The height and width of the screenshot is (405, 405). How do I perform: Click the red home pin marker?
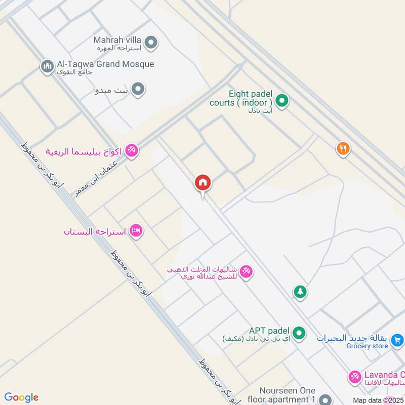click(x=203, y=183)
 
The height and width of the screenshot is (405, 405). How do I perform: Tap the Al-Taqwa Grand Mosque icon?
click(x=48, y=66)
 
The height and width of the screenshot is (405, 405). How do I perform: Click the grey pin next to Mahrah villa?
click(x=150, y=43)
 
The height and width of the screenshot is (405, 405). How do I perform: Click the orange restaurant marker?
click(x=343, y=148)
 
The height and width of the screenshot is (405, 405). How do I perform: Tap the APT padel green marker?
click(x=299, y=333)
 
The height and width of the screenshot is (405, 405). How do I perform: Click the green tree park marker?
click(x=300, y=292)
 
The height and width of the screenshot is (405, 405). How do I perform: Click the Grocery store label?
click(x=367, y=346)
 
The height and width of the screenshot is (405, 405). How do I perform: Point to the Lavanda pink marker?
click(x=355, y=377)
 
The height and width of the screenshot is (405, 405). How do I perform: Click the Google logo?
click(x=21, y=397)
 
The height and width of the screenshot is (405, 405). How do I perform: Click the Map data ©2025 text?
click(x=379, y=400)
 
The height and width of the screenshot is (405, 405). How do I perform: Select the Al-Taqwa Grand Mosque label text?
click(x=105, y=64)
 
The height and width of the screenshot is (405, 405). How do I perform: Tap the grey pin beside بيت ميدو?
click(x=138, y=90)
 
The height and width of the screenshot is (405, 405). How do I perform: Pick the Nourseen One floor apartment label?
click(x=288, y=395)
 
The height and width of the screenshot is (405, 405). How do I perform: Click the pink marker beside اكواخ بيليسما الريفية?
click(x=132, y=150)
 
